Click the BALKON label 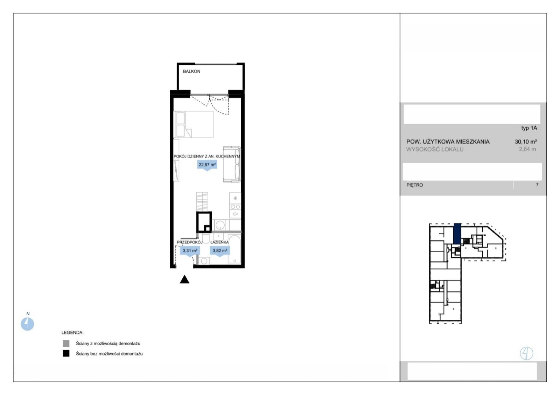[x=191, y=71]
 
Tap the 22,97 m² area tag [x=207, y=165]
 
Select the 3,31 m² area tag [x=190, y=251]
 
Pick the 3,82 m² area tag [x=220, y=251]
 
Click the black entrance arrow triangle [x=184, y=279]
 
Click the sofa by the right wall [x=232, y=164]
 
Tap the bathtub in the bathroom [x=234, y=249]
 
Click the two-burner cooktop [x=235, y=207]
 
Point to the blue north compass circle [x=27, y=324]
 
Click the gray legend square [x=66, y=343]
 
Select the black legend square [x=66, y=353]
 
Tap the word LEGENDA [x=72, y=333]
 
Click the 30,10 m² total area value [x=526, y=141]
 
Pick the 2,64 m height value [x=527, y=149]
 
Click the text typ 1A [x=529, y=128]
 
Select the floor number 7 [x=537, y=185]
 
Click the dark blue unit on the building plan [x=457, y=234]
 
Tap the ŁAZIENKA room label [x=219, y=242]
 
